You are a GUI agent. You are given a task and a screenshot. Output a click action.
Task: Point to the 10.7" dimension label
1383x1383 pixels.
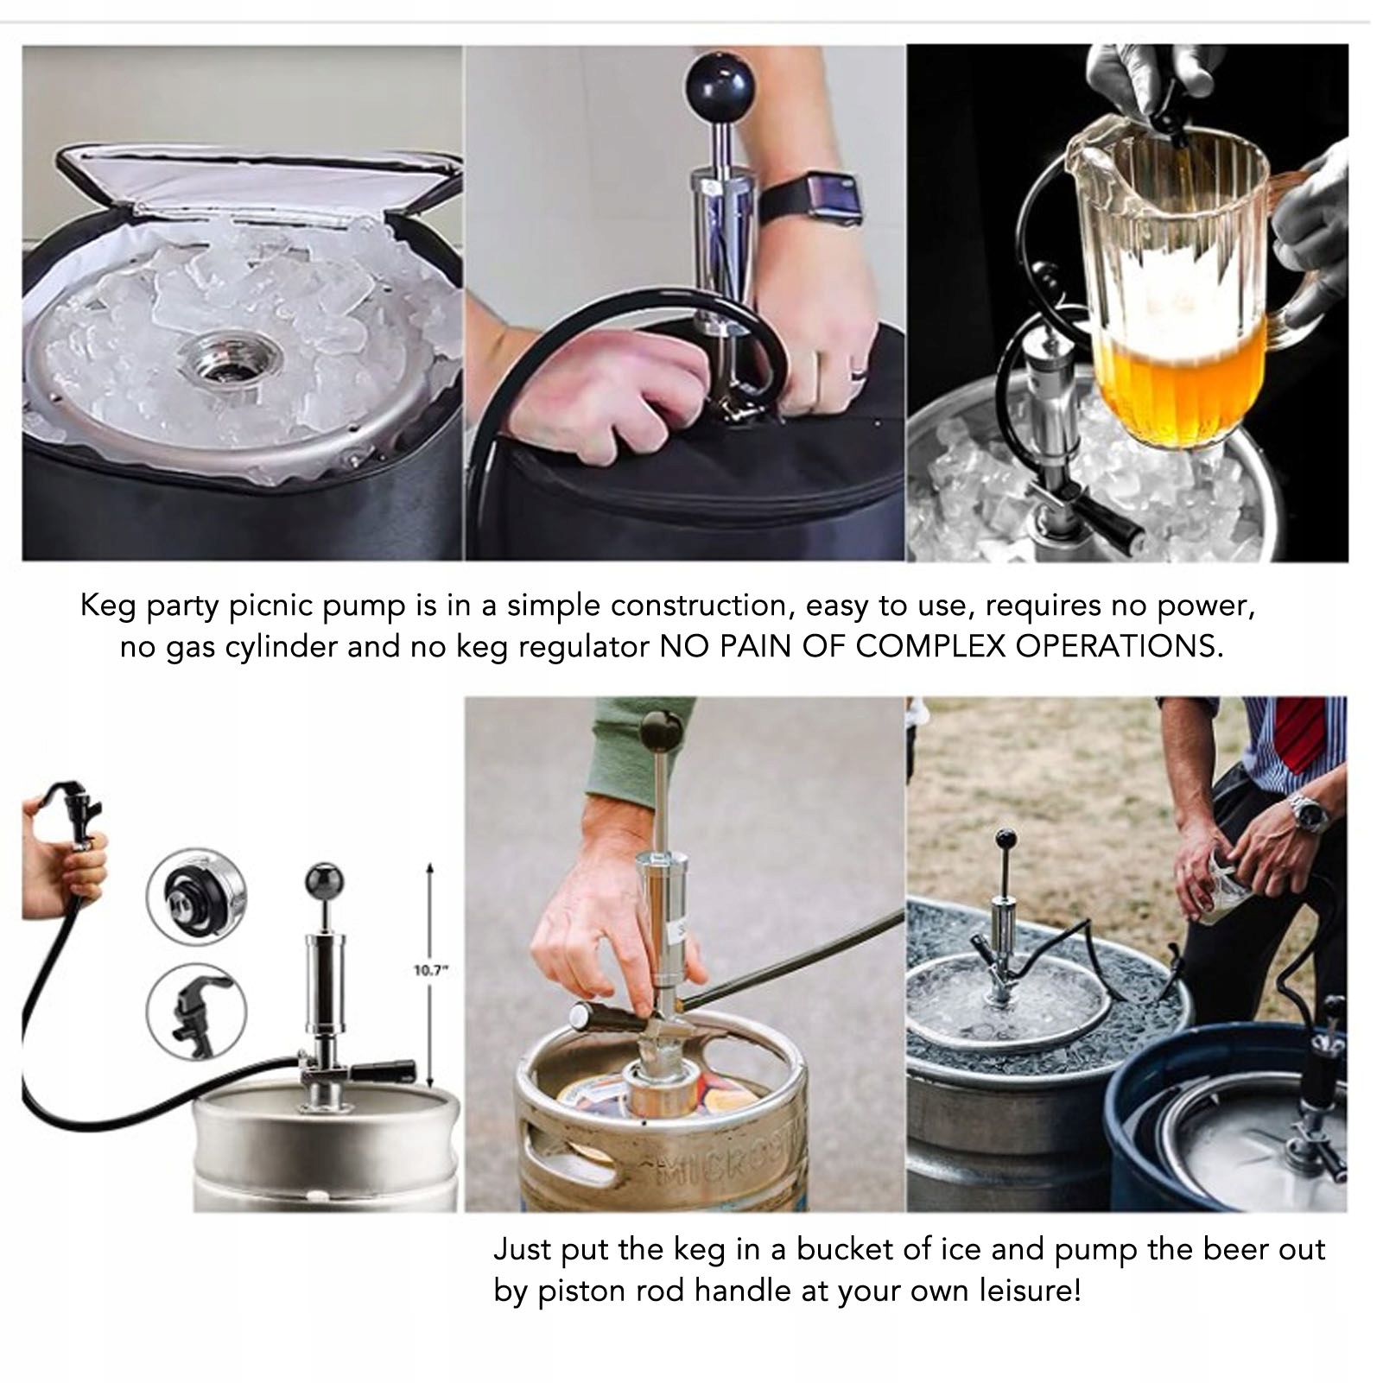tap(430, 970)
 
